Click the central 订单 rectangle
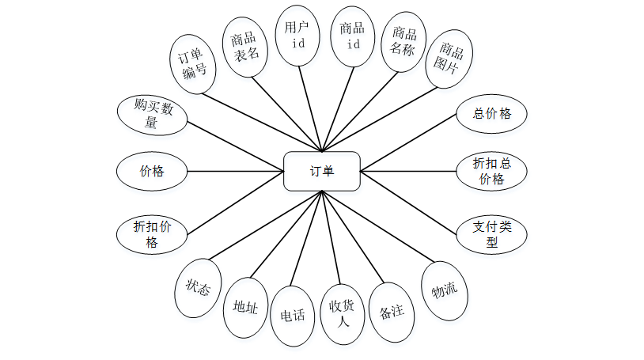tap(321, 171)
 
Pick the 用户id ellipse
tap(298, 36)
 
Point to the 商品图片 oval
tap(449, 62)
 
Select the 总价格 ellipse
tap(491, 113)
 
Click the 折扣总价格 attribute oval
tap(491, 171)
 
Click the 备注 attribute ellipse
tap(392, 312)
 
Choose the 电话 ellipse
tap(293, 315)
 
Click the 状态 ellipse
tap(197, 288)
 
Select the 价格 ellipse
tap(151, 171)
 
